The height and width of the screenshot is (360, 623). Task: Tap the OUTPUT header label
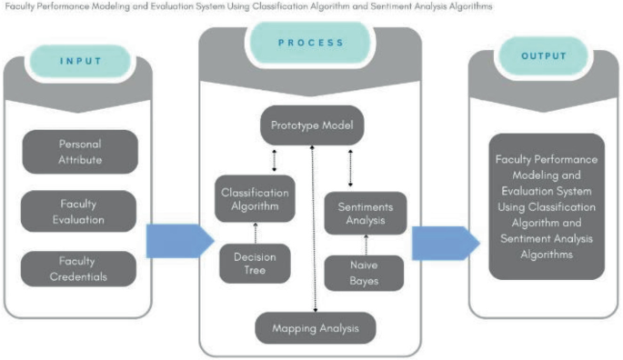tap(544, 56)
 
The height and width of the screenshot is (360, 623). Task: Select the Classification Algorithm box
tap(256, 199)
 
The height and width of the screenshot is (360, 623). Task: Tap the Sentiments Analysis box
tap(365, 213)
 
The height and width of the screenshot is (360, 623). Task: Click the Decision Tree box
tap(256, 264)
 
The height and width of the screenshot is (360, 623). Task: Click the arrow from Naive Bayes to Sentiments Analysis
tap(365, 245)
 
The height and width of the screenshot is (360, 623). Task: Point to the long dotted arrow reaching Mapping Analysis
tap(314, 227)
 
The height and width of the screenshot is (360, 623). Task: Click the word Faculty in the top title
tap(20, 6)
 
